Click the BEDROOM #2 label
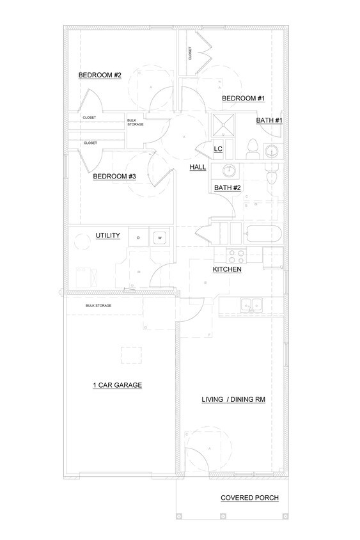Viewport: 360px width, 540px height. click(100, 75)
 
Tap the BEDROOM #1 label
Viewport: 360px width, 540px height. click(243, 99)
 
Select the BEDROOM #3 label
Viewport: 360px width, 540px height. click(114, 177)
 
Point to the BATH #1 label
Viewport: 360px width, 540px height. click(269, 120)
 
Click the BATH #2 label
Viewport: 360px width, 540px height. click(227, 187)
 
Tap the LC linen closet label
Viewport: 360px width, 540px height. click(217, 149)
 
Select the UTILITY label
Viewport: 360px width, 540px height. click(108, 235)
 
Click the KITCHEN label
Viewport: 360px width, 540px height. click(227, 270)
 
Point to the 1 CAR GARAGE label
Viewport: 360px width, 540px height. click(117, 385)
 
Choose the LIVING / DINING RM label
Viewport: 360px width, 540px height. click(233, 399)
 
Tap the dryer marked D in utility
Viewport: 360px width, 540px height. click(138, 238)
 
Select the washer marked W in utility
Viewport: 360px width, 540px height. click(159, 238)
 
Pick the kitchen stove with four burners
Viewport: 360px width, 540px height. click(237, 256)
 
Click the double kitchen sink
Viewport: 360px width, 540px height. click(250, 306)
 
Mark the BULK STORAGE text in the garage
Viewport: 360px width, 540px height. click(98, 306)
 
